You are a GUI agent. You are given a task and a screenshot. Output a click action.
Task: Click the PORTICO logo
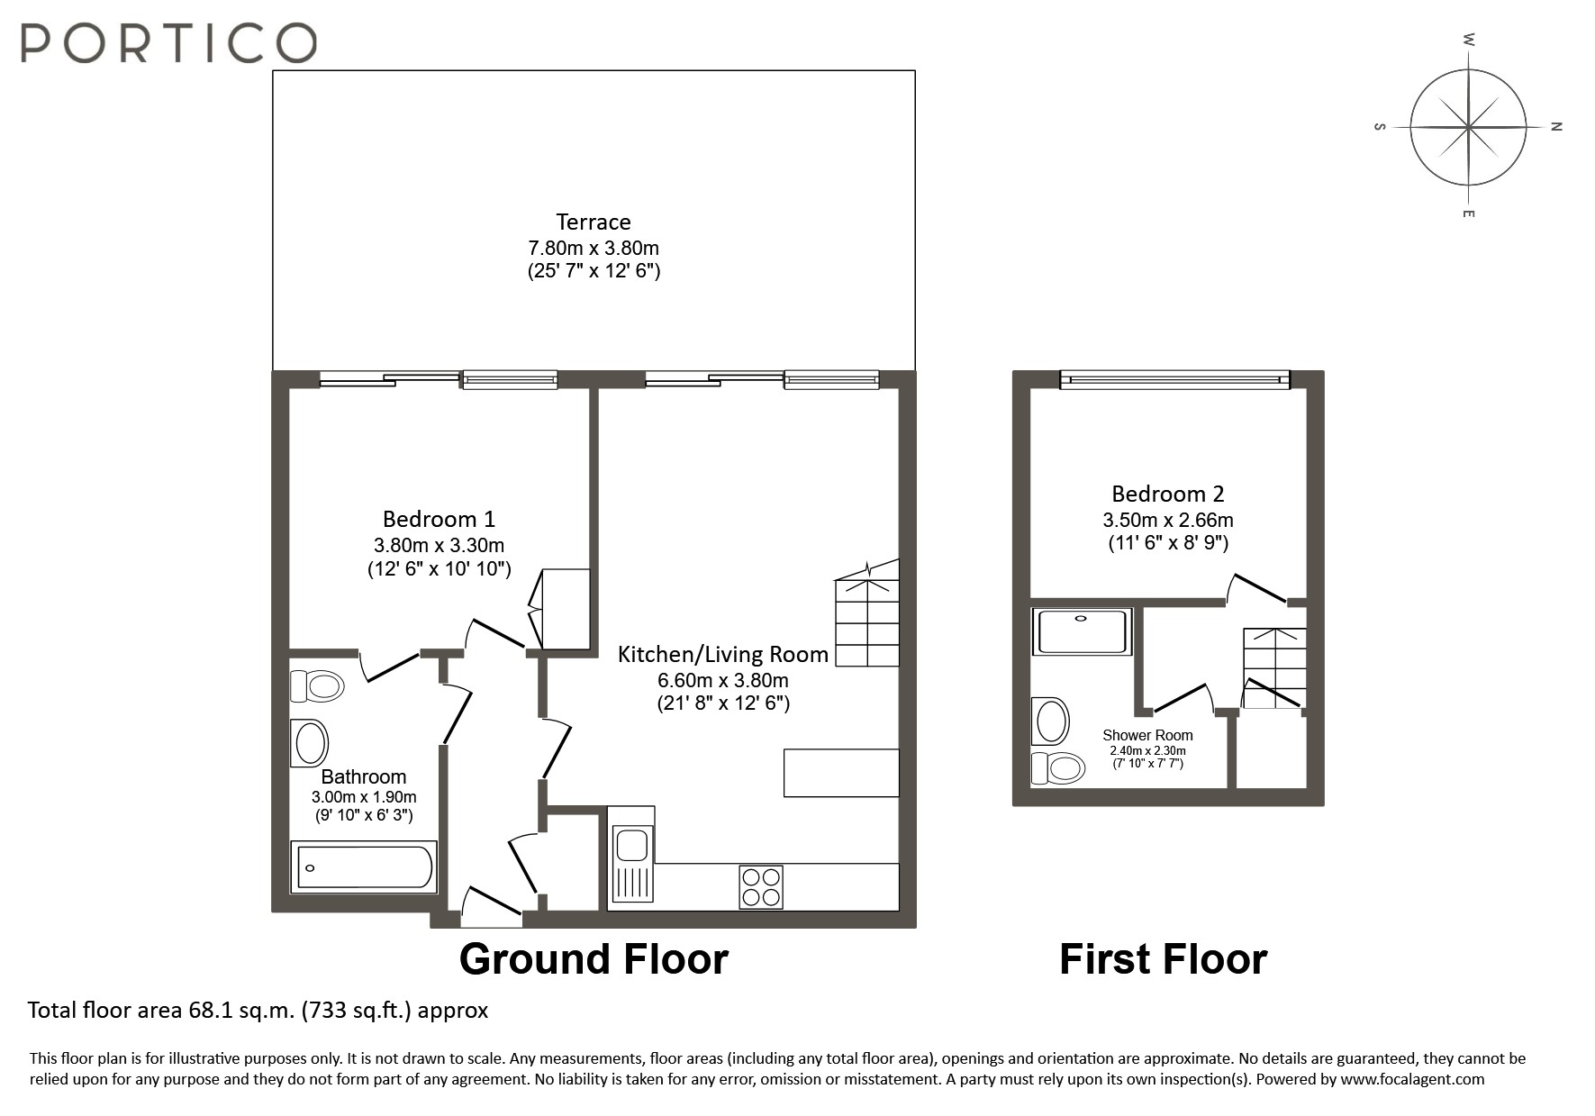point(168,42)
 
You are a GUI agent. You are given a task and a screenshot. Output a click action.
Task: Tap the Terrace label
point(593,222)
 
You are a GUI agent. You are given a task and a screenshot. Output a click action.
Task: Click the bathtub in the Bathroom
point(364,866)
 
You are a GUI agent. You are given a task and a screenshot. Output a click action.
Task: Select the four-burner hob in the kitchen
point(761,886)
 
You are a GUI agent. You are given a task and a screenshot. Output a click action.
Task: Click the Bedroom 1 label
point(439,519)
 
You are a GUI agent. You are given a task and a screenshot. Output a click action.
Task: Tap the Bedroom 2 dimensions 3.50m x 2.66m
point(1167,520)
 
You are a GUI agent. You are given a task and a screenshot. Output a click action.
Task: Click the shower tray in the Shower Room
point(1082,631)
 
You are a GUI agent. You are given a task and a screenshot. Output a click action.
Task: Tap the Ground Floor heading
point(594,959)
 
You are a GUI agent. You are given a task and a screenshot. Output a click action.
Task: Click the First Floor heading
point(1163,959)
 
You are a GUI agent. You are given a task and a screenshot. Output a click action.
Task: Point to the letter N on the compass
point(1555,127)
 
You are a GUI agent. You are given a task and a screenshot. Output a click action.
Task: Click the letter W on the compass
point(1468,40)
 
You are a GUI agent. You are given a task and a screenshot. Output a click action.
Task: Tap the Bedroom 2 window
point(1174,380)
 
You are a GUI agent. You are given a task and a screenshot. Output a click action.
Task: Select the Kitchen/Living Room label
point(722,655)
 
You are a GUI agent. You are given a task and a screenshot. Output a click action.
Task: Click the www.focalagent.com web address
point(1411,1079)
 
